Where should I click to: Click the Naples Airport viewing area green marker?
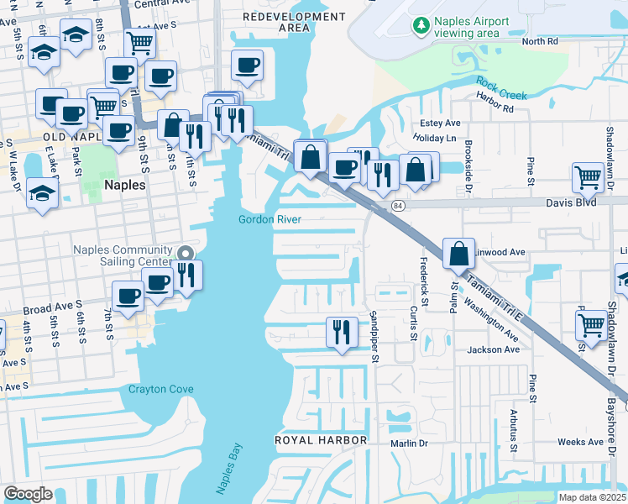[x=421, y=26]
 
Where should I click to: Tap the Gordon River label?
[x=269, y=220]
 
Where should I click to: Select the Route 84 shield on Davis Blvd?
[x=396, y=205]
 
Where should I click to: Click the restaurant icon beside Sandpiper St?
[x=340, y=331]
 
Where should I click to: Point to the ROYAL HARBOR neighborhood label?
[x=322, y=440]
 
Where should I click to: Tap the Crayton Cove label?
[x=160, y=389]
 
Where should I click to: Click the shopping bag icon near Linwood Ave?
[x=459, y=253]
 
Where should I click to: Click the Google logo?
[x=28, y=493]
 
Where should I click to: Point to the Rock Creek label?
[x=501, y=89]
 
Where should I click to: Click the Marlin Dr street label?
[x=409, y=443]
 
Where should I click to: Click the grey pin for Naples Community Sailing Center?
[x=186, y=251]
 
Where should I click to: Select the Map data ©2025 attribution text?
[x=590, y=497]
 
